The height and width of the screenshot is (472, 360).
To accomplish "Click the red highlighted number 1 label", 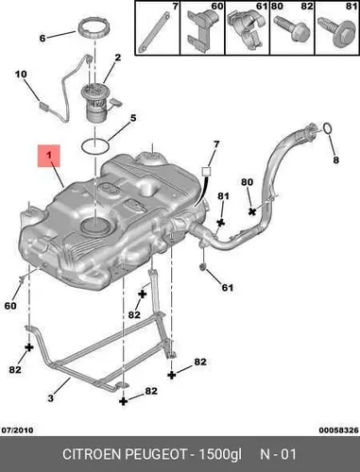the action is coord(48,156).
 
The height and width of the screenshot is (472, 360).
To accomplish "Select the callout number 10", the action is coord(21,75).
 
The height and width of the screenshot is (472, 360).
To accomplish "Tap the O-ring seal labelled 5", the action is coord(95,145).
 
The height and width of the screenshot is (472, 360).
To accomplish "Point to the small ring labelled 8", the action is coord(328,128).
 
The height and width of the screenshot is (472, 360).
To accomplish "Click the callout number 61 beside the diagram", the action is coord(228,287).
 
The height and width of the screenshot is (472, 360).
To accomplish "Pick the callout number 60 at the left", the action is coord(10,306).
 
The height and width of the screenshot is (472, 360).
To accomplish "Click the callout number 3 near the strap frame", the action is coord(50,398).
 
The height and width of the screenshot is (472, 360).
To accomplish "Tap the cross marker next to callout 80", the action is coord(252,211).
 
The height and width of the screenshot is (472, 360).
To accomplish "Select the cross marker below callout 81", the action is coord(221,223).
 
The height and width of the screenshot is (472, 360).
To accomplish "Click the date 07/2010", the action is coord(18,430).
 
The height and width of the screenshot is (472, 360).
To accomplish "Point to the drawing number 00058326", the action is coord(338,430).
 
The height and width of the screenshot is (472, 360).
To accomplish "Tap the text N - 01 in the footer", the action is coord(278,454).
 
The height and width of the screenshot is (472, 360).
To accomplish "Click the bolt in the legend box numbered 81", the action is coord(336,32).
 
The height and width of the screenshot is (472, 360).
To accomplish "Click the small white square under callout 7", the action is coord(206,171).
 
